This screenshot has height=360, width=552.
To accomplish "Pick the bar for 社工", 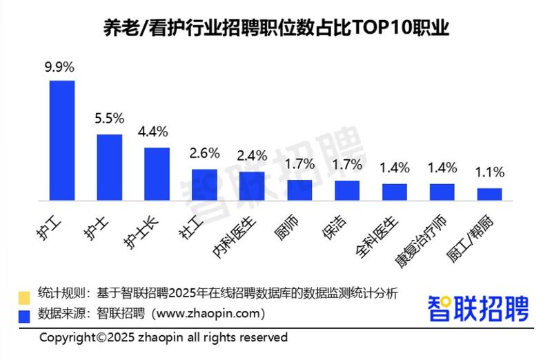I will (204, 184).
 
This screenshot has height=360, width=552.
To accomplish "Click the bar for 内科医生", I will (252, 186).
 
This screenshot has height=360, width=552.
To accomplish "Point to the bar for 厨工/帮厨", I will (489, 194).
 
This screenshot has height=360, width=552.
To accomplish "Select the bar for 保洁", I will (347, 190).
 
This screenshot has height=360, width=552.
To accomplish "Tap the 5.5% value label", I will (109, 119).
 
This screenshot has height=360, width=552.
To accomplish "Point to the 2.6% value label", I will (204, 153).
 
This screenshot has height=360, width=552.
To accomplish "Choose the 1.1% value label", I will (489, 172).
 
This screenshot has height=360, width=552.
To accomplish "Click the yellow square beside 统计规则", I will (24, 297).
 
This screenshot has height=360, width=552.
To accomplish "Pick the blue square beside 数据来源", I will (24, 315).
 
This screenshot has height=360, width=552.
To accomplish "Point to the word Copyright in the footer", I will (67, 338).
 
